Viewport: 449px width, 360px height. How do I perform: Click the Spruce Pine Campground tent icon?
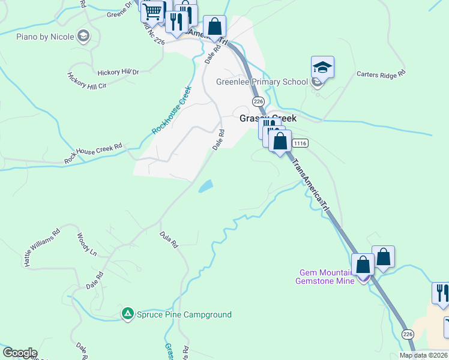tap(127, 313)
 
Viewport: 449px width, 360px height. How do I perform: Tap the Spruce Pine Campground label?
tap(183, 314)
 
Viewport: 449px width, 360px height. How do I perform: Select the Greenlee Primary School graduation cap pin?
tap(322, 68)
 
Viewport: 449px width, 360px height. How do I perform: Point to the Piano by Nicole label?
tap(45, 37)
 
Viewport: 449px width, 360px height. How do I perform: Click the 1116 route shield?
tap(300, 143)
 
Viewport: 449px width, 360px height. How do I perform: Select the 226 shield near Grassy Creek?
tap(258, 101)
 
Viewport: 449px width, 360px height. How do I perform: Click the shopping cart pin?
tap(152, 11)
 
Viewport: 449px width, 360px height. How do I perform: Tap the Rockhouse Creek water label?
tap(171, 110)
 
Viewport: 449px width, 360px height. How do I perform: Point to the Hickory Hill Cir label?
tap(86, 81)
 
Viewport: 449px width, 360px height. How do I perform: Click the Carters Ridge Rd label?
tap(381, 73)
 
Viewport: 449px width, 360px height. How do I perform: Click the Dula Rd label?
tap(169, 240)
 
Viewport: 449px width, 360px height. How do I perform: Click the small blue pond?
tap(205, 186)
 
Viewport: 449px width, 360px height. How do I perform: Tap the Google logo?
tap(19, 353)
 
